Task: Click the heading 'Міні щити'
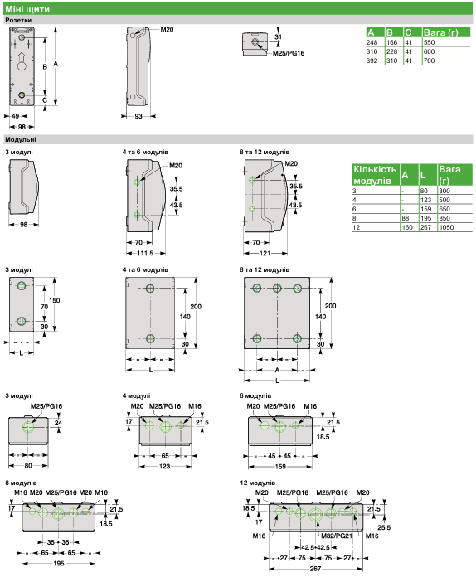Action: (27, 9)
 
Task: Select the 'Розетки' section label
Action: (18, 20)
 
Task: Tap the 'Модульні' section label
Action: (21, 139)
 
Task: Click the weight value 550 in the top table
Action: (429, 42)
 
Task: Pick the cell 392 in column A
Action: (372, 61)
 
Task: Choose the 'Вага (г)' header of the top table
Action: (440, 32)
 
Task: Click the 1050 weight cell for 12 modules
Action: (446, 227)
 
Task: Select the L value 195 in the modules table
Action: (426, 218)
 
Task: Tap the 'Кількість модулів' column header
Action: (375, 175)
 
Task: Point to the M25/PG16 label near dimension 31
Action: (289, 53)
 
